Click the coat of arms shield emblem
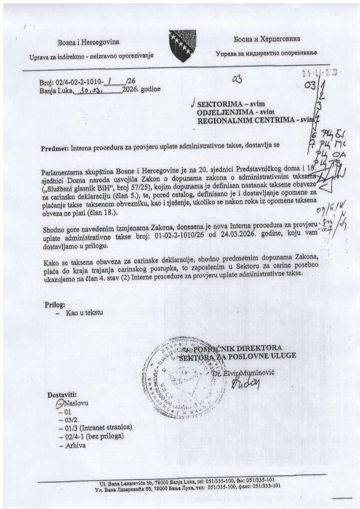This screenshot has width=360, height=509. click(182, 45)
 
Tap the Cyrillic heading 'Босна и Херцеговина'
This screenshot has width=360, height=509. click(267, 39)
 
